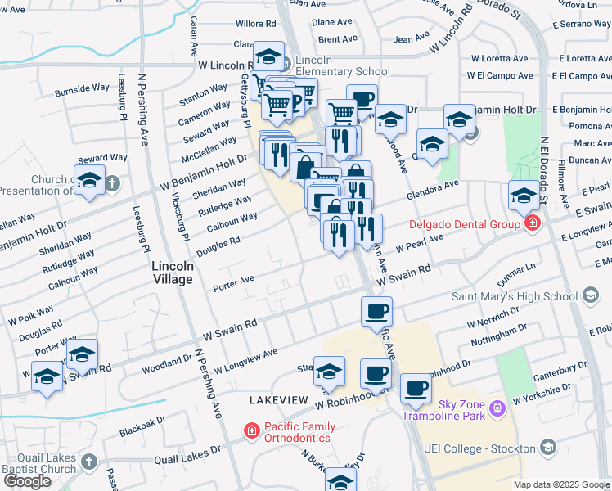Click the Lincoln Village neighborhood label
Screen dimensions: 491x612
click(x=173, y=273)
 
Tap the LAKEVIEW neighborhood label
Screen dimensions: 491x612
click(x=277, y=399)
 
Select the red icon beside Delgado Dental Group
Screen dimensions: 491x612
click(x=533, y=223)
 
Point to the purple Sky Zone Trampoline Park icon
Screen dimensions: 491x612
click(x=496, y=407)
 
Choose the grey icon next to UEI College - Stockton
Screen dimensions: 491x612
click(x=548, y=448)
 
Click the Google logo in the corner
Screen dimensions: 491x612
click(x=28, y=481)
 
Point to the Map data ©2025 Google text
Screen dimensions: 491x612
click(x=561, y=484)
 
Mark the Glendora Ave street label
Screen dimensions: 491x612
click(x=433, y=191)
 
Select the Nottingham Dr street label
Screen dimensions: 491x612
click(x=499, y=334)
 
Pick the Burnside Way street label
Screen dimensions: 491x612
click(x=82, y=89)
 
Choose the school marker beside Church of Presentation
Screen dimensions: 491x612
click(x=89, y=182)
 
